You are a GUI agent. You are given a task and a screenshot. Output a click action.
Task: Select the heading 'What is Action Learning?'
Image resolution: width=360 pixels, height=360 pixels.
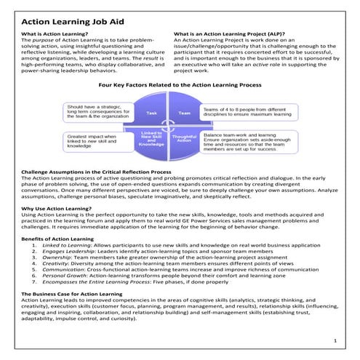[x=55, y=34]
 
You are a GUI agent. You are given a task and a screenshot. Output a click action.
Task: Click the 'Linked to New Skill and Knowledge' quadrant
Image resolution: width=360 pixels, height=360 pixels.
[x=153, y=139]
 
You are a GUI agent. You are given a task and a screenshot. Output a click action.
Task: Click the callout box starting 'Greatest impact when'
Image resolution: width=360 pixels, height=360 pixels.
[x=97, y=141]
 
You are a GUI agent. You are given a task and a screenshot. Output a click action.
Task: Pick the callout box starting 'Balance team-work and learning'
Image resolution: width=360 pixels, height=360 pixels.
[x=251, y=145]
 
